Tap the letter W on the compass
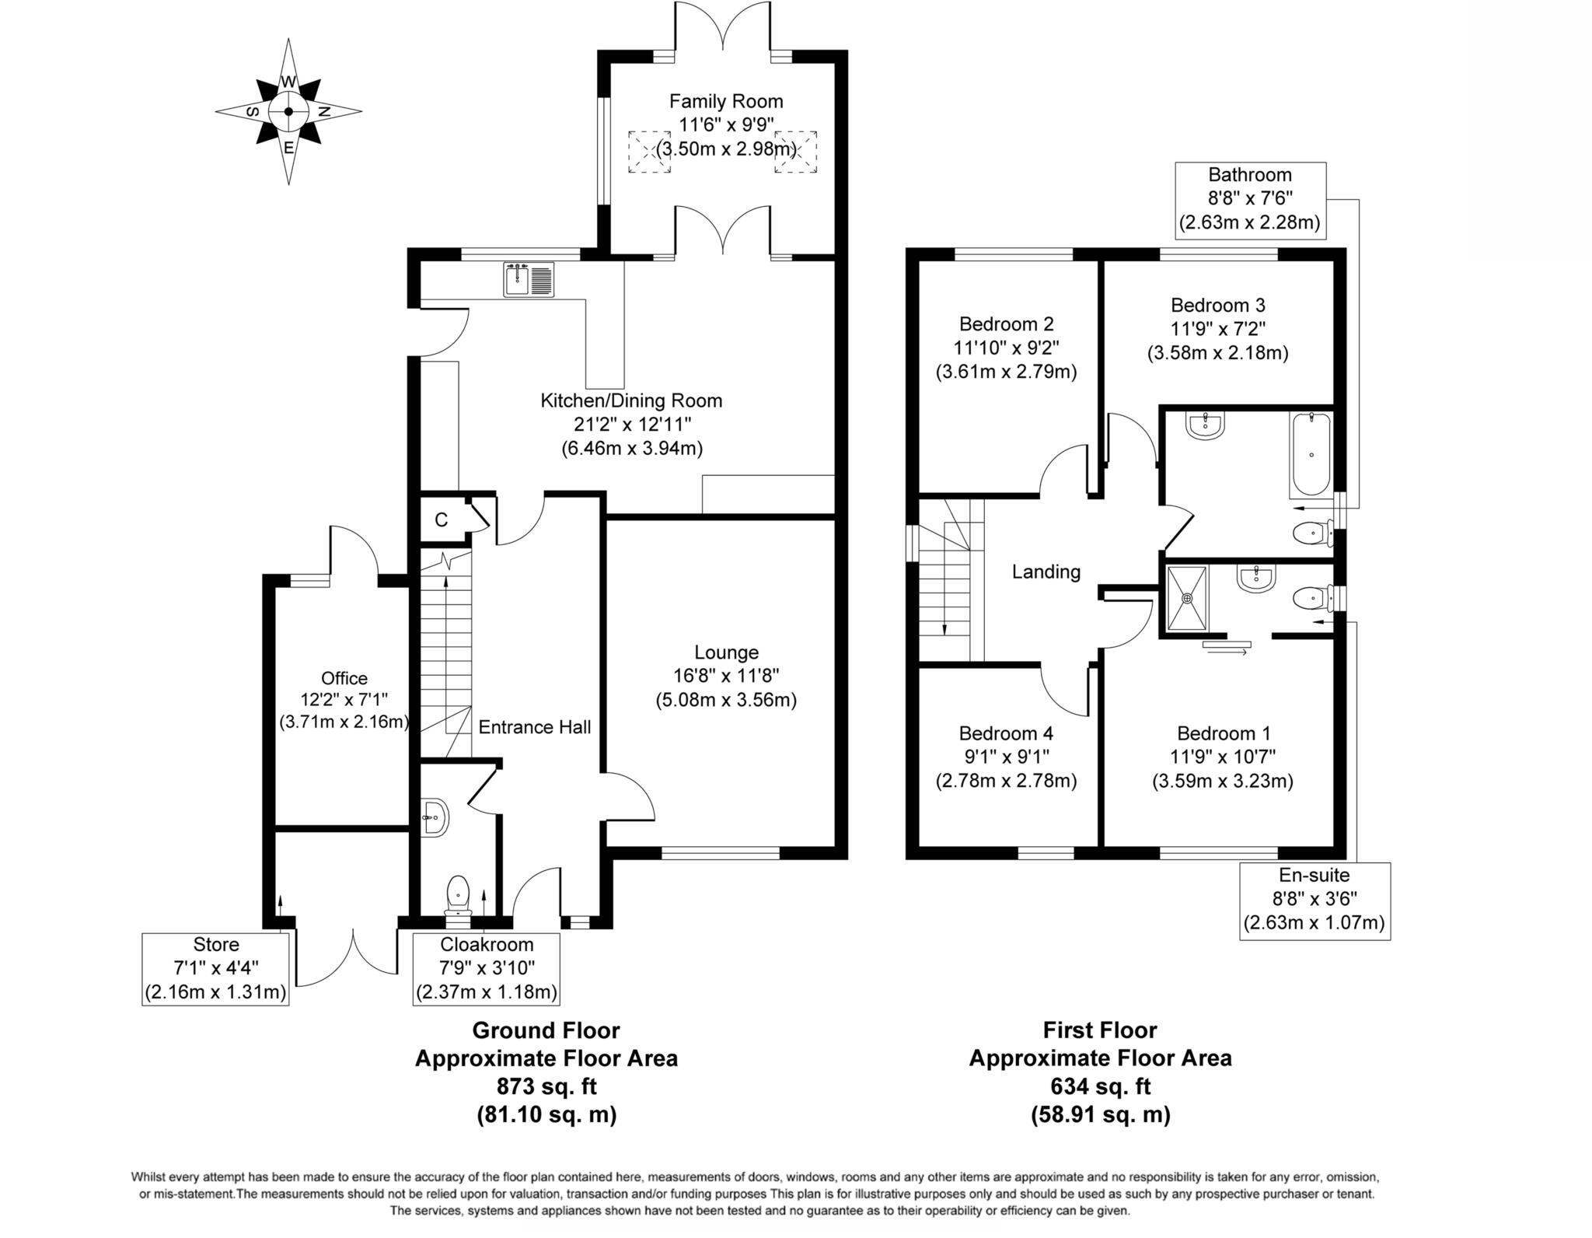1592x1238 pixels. pyautogui.click(x=288, y=82)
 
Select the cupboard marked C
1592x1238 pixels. pyautogui.click(x=442, y=520)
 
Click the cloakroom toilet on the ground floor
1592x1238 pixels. pyautogui.click(x=459, y=895)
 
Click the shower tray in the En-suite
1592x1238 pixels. pyautogui.click(x=1187, y=597)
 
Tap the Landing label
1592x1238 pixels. pyautogui.click(x=1046, y=572)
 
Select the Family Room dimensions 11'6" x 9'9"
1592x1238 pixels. pyautogui.click(x=726, y=124)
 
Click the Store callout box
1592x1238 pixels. pyautogui.click(x=215, y=969)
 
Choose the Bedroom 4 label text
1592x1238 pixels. pyautogui.click(x=1006, y=733)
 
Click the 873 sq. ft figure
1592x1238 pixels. pyautogui.click(x=546, y=1086)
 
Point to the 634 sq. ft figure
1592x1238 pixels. pyautogui.click(x=1100, y=1086)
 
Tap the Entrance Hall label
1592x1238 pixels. pyautogui.click(x=534, y=727)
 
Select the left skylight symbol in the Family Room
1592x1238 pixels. pyautogui.click(x=648, y=152)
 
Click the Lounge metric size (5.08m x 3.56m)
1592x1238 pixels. pyautogui.click(x=726, y=700)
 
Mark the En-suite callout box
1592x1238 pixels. pyautogui.click(x=1314, y=901)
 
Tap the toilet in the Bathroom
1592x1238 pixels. pyautogui.click(x=1311, y=533)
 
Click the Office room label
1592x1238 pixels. pyautogui.click(x=344, y=678)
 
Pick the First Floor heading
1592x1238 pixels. pyautogui.click(x=1100, y=1030)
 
